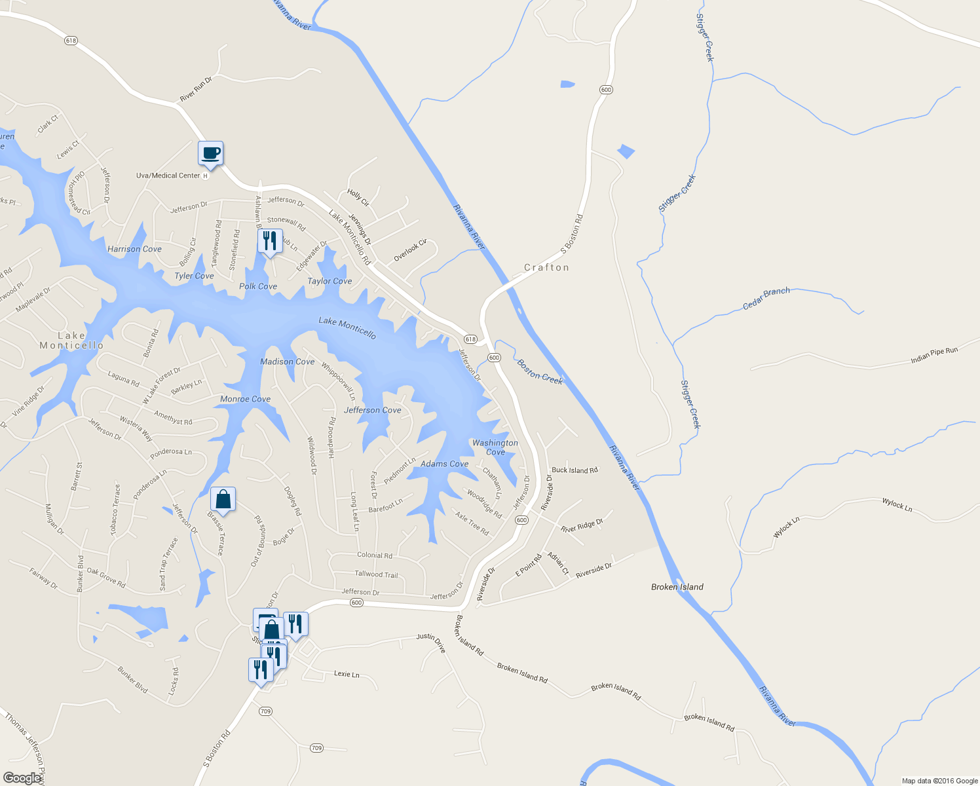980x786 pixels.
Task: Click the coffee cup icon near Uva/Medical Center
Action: tap(211, 154)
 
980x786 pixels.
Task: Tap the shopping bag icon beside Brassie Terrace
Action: tap(223, 500)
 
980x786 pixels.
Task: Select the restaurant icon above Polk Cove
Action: tap(269, 242)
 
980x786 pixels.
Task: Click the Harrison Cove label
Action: tap(134, 249)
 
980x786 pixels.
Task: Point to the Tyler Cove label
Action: tap(194, 276)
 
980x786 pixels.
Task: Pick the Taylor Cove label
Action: tap(330, 281)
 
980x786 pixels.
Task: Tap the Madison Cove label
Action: tap(287, 362)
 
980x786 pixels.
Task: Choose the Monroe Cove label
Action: tap(245, 399)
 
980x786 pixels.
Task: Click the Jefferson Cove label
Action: tap(372, 410)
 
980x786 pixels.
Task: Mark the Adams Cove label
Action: tap(444, 464)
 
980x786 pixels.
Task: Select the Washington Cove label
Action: tap(495, 447)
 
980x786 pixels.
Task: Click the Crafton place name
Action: tap(546, 267)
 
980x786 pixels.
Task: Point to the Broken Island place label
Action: tap(677, 587)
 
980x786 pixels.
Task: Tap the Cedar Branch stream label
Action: tap(766, 298)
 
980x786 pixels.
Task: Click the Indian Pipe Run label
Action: tap(934, 356)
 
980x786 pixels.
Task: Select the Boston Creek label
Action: tap(540, 371)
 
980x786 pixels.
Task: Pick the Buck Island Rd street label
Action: tap(575, 470)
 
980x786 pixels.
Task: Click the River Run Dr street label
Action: tap(196, 89)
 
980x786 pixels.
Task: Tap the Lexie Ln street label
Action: tap(347, 674)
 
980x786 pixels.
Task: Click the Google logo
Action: tap(22, 777)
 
